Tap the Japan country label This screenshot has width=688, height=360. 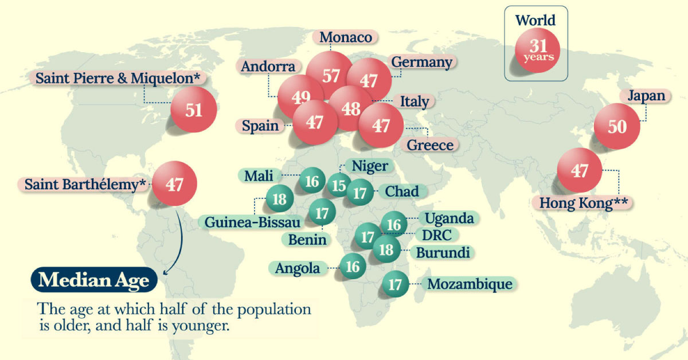pyautogui.click(x=646, y=95)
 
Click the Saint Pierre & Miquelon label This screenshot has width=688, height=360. pyautogui.click(x=121, y=79)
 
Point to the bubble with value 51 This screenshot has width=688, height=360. pyautogui.click(x=194, y=109)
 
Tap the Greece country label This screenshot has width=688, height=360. pyautogui.click(x=430, y=145)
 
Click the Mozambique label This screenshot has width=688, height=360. pyautogui.click(x=470, y=284)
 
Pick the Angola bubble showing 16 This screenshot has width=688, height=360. pyautogui.click(x=353, y=267)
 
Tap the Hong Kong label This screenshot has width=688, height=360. pyautogui.click(x=582, y=203)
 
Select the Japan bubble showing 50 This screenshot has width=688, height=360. pyautogui.click(x=617, y=127)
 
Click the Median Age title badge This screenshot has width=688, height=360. pyautogui.click(x=94, y=281)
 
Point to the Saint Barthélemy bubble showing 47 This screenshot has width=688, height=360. pyautogui.click(x=174, y=184)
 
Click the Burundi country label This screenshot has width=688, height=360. pyautogui.click(x=443, y=252)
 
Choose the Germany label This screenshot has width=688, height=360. pyautogui.click(x=421, y=61)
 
